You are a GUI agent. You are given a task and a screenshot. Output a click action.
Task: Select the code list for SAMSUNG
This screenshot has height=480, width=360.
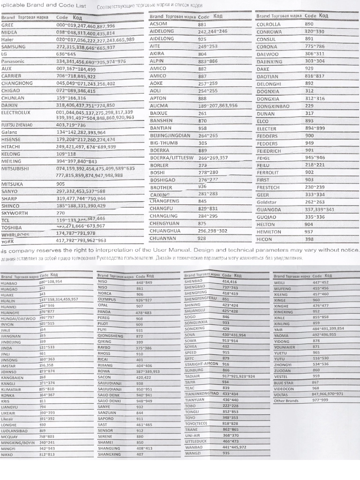coord(85,47)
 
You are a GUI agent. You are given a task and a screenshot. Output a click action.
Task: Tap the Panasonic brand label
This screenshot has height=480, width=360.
coord(13,61)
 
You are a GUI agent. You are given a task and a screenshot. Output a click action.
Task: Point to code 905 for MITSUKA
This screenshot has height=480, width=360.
coord(60,184)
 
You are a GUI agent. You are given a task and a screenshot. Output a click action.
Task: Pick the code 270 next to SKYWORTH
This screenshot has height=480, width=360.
coord(60,213)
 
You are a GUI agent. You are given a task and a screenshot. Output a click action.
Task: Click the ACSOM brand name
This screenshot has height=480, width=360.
coord(158,24)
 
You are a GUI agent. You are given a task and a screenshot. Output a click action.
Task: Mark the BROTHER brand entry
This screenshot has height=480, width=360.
coord(161,187)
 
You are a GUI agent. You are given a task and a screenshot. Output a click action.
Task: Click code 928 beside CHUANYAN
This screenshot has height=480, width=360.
coord(202,238)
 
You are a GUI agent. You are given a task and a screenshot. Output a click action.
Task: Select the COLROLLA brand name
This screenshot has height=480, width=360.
coord(269,24)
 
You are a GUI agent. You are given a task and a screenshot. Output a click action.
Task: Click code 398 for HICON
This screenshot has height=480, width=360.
coord(309,239)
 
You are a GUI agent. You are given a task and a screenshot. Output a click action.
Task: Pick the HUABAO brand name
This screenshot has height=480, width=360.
coord(9,284)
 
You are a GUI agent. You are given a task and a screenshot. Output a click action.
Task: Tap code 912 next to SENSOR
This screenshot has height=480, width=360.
coord(140,430)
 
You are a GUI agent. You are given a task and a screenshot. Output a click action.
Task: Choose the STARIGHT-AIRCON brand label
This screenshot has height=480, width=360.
coord(201,364)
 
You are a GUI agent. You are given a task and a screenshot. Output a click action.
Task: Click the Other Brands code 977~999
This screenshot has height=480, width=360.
coord(320,400)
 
